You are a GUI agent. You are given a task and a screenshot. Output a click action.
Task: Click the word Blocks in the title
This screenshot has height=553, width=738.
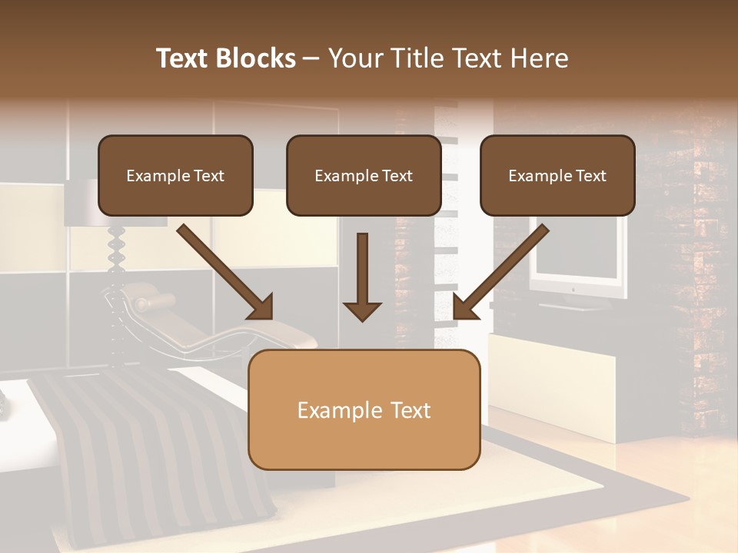point(256,58)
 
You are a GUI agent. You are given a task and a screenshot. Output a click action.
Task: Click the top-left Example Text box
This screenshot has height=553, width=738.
point(175,175)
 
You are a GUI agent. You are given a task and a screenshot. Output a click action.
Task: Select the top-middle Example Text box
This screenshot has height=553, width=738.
point(364,175)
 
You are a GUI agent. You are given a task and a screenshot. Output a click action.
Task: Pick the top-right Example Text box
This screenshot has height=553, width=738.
point(557,175)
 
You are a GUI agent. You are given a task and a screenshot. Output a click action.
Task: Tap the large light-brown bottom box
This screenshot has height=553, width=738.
point(364,409)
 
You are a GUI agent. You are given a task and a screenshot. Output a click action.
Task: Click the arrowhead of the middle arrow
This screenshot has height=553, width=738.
point(362,310)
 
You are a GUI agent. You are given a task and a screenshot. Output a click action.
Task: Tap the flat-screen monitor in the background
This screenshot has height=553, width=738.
point(577,261)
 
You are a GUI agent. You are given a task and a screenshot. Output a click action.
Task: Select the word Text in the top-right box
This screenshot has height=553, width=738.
point(590,176)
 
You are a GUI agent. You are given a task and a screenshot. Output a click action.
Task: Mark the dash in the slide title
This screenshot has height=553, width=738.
point(311,58)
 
